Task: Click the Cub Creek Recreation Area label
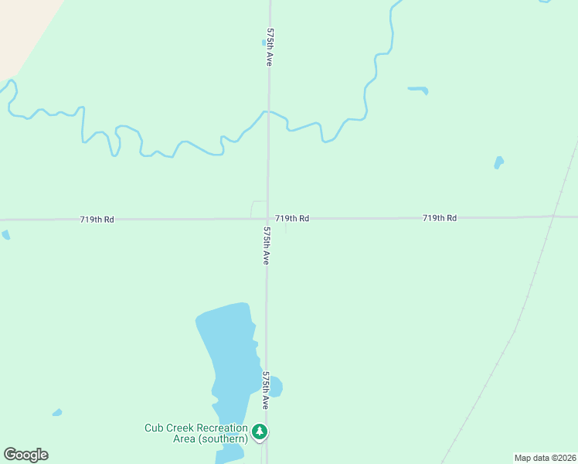pos(196,433)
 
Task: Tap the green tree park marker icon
pos(261,432)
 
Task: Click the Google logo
pos(25,455)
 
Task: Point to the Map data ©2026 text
pos(546,458)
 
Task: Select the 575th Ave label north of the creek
pos(270,47)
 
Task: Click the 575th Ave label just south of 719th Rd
pos(266,246)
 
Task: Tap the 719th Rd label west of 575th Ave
pos(97,220)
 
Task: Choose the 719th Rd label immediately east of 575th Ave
pos(292,219)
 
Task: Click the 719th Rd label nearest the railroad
pos(440,218)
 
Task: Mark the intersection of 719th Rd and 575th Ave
pos(267,219)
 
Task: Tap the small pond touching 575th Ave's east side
pos(275,386)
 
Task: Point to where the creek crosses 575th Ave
pos(268,113)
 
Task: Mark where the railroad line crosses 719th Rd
pos(553,217)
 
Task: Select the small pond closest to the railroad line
pos(498,162)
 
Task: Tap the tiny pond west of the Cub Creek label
pos(56,412)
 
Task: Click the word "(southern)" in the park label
pos(222,439)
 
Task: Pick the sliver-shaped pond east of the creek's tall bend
pos(418,90)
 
